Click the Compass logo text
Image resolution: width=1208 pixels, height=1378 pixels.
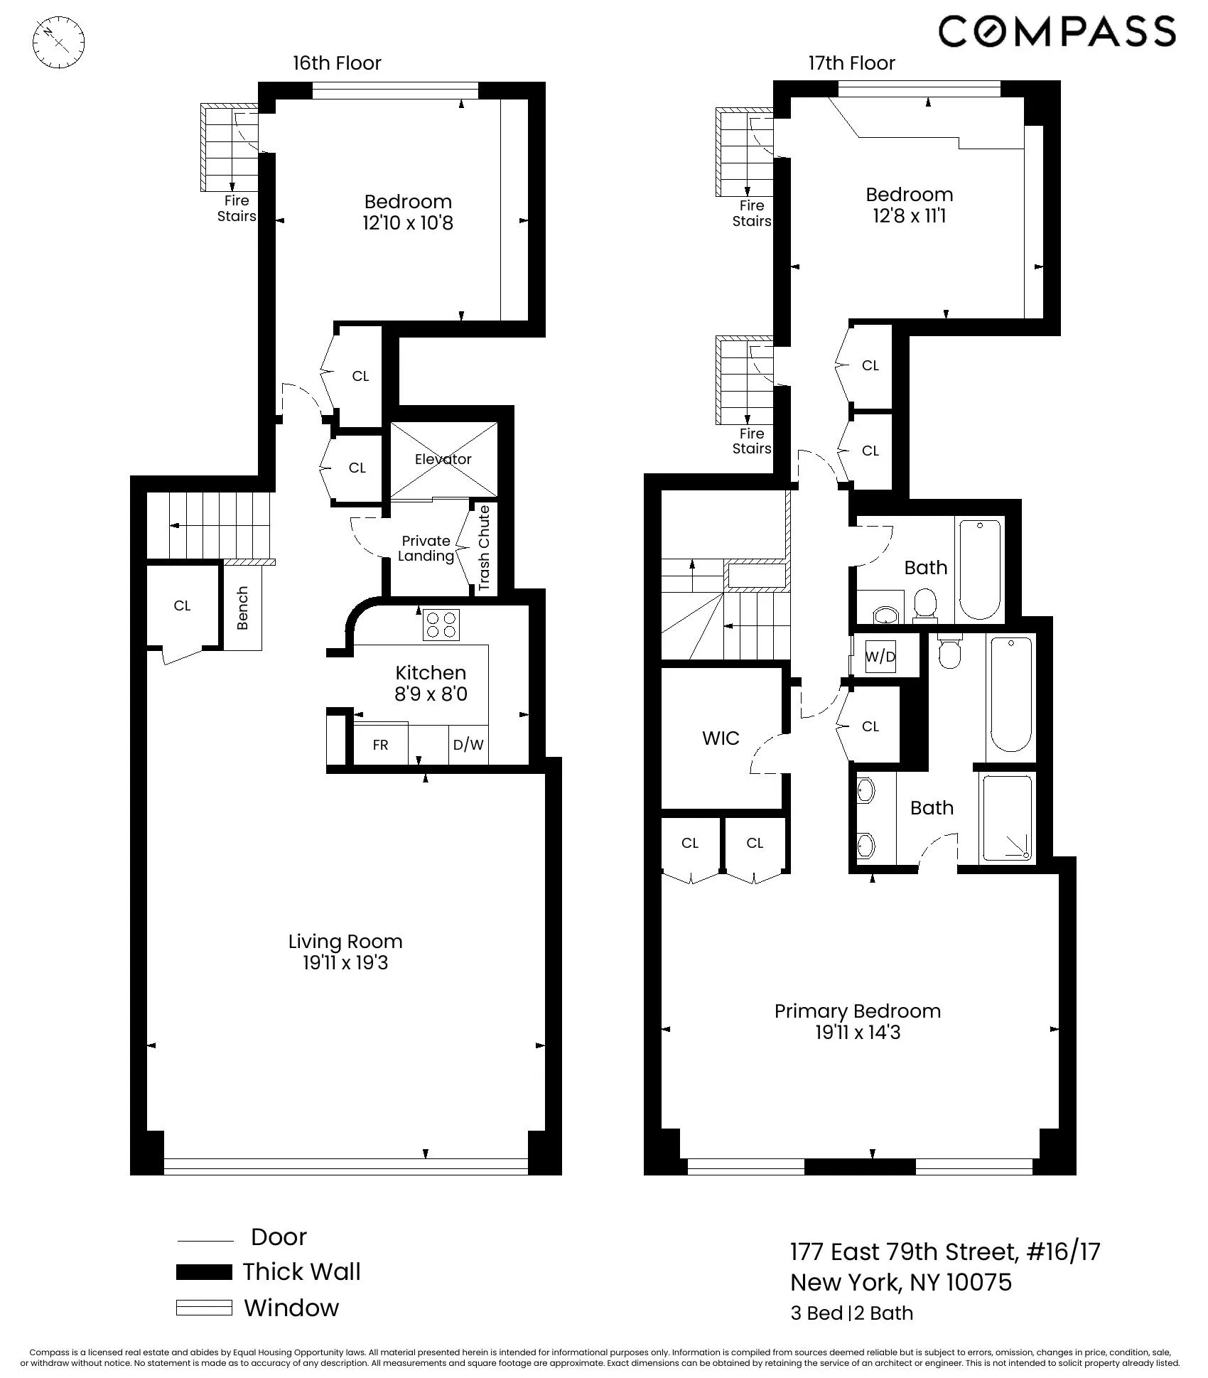pyautogui.click(x=1057, y=33)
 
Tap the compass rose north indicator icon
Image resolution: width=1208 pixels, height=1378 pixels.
pyautogui.click(x=59, y=42)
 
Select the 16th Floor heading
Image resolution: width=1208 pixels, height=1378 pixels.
pyautogui.click(x=337, y=63)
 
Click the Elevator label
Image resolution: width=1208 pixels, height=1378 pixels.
pyautogui.click(x=443, y=459)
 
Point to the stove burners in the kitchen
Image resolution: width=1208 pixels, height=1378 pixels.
pyautogui.click(x=441, y=625)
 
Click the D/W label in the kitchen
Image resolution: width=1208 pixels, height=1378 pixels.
pyautogui.click(x=468, y=745)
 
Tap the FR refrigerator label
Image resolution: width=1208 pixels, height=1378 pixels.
pyautogui.click(x=380, y=745)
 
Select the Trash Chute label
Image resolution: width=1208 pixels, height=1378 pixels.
pyautogui.click(x=484, y=548)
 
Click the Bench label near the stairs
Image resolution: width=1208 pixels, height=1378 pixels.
pyautogui.click(x=242, y=608)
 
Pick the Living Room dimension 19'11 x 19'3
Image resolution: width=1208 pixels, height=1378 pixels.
pyautogui.click(x=345, y=963)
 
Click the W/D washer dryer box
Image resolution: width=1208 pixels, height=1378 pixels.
pyautogui.click(x=880, y=657)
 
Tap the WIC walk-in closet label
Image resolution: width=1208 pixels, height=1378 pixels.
pyautogui.click(x=721, y=738)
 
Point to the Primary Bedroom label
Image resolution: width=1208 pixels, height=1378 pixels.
pyautogui.click(x=857, y=1011)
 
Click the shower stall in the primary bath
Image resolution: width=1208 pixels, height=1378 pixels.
pyautogui.click(x=1005, y=819)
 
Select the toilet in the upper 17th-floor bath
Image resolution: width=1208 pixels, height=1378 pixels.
pyautogui.click(x=924, y=604)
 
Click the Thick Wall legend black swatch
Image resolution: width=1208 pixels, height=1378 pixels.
pyautogui.click(x=204, y=1272)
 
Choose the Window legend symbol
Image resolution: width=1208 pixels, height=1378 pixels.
pyautogui.click(x=204, y=1308)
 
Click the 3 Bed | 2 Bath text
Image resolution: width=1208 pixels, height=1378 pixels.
pyautogui.click(x=851, y=1313)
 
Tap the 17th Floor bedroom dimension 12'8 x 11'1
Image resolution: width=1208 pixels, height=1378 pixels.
pyautogui.click(x=909, y=216)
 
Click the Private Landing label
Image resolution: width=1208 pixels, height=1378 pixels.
pyautogui.click(x=426, y=549)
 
